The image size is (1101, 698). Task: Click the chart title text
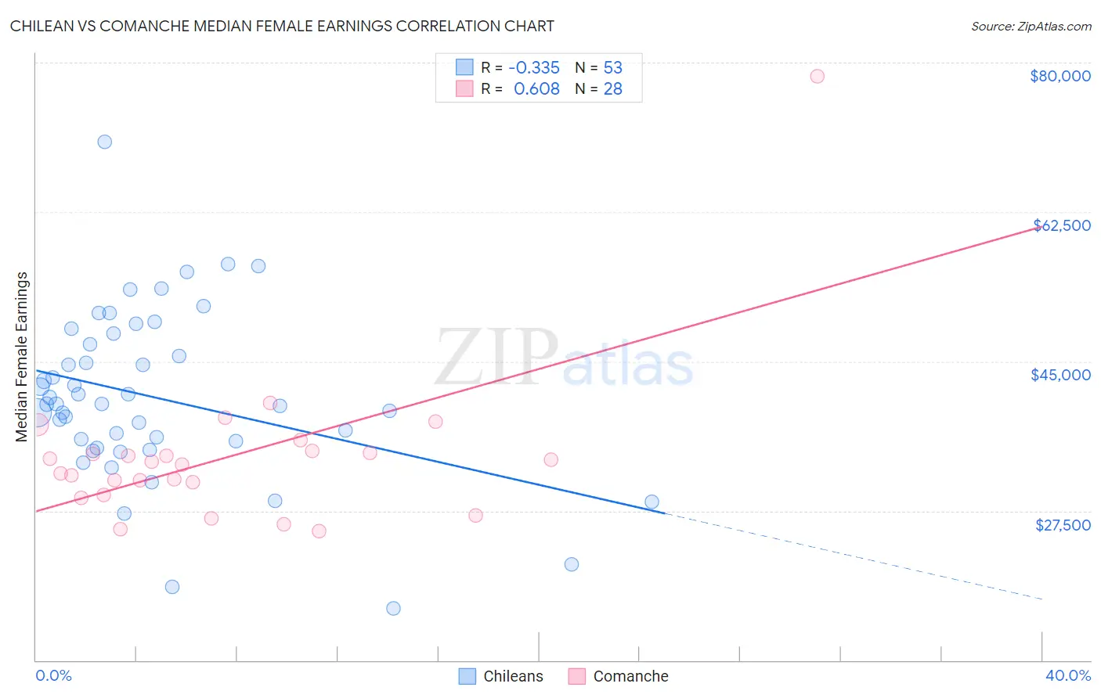pyautogui.click(x=282, y=26)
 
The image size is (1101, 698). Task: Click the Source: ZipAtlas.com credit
pyautogui.click(x=1031, y=26)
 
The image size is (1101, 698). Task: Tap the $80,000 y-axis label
pyautogui.click(x=1059, y=76)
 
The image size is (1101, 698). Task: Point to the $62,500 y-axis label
pyautogui.click(x=1061, y=225)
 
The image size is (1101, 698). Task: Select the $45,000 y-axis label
pyautogui.click(x=1060, y=375)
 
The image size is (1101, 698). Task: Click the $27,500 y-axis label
pyautogui.click(x=1063, y=525)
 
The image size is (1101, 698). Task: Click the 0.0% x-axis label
pyautogui.click(x=53, y=675)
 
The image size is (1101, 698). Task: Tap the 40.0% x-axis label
pyautogui.click(x=1067, y=675)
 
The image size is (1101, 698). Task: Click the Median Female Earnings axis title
pyautogui.click(x=22, y=357)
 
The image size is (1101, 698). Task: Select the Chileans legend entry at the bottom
pyautogui.click(x=501, y=676)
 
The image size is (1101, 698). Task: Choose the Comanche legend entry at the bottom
pyautogui.click(x=619, y=676)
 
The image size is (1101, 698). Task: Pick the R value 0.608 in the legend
pyautogui.click(x=536, y=89)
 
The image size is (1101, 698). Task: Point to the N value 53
pyautogui.click(x=612, y=68)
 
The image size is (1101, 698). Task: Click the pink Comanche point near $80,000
pyautogui.click(x=817, y=76)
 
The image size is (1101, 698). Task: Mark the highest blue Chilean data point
pyautogui.click(x=104, y=142)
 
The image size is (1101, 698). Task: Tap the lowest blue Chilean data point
pyautogui.click(x=393, y=608)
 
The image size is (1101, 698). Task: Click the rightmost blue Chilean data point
pyautogui.click(x=652, y=502)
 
